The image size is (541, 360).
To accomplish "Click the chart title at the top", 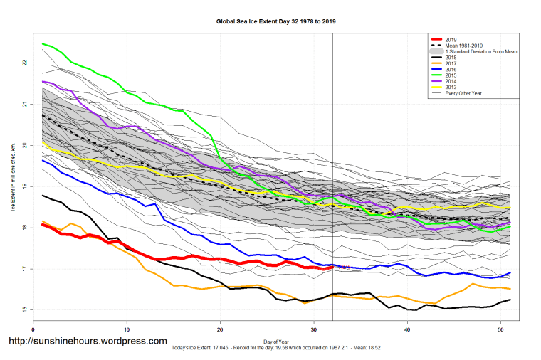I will point(275,21).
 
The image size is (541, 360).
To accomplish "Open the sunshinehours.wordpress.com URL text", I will point(87,342).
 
